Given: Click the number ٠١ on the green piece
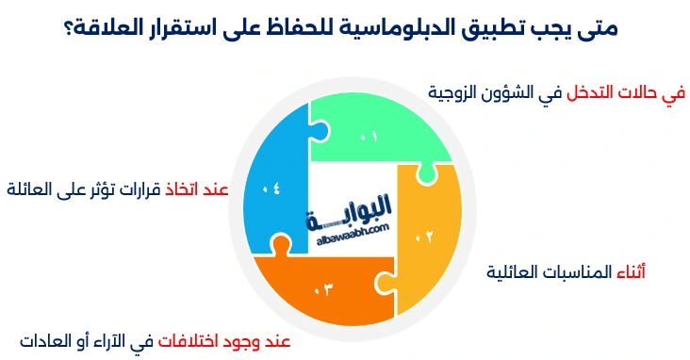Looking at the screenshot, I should click(x=369, y=138).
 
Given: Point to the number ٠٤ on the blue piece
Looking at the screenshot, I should click(x=271, y=188).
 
